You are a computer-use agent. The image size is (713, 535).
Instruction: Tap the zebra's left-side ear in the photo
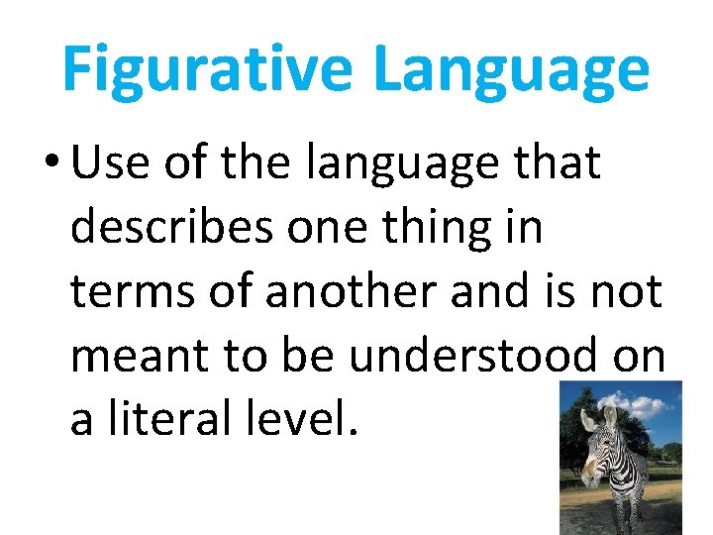pyautogui.click(x=588, y=421)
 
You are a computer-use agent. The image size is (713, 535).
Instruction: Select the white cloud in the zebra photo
pyautogui.click(x=649, y=405)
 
